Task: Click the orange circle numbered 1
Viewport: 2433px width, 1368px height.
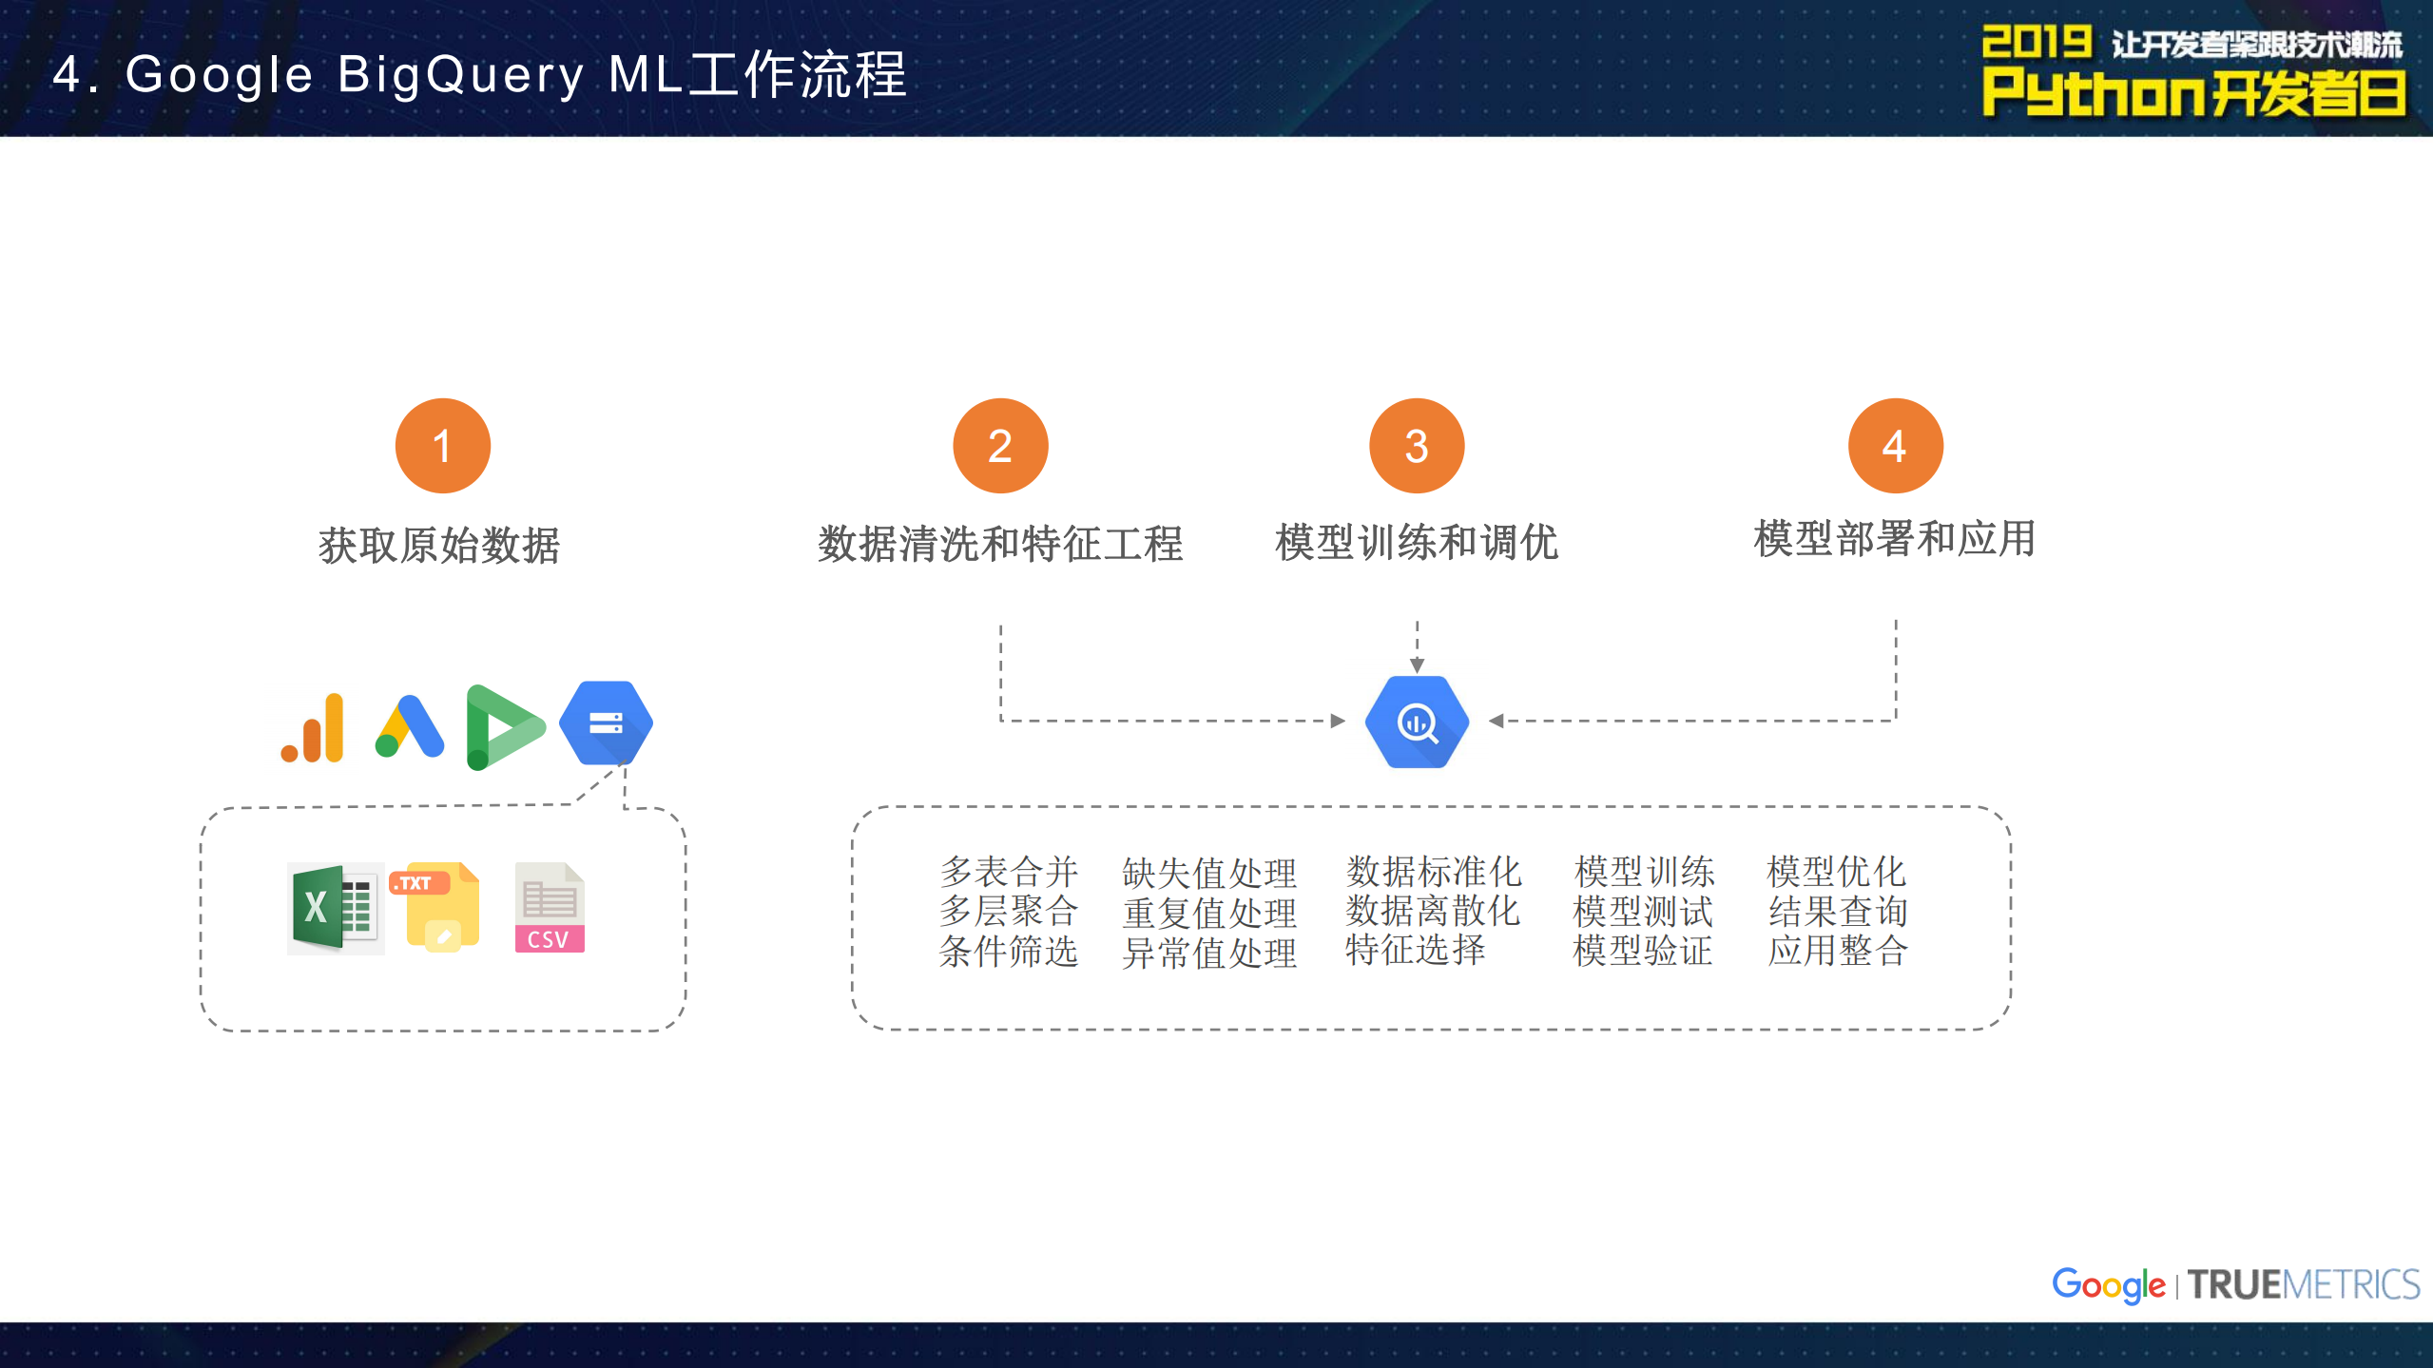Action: coord(442,445)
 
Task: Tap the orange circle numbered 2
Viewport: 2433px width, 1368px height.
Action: coord(999,445)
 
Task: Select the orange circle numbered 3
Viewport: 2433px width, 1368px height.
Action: coord(1416,445)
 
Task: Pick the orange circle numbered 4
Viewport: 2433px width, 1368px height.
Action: coord(1895,445)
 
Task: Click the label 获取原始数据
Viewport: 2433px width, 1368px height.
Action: coord(439,546)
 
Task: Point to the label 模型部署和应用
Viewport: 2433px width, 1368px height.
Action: coord(1894,539)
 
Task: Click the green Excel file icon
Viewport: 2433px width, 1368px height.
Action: coord(335,908)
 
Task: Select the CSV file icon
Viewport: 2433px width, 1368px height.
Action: coord(550,908)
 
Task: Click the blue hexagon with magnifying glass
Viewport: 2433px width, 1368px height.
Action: coord(1417,723)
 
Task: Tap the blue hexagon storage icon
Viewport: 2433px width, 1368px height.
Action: coord(606,723)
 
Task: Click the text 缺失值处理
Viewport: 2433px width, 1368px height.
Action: coord(1208,873)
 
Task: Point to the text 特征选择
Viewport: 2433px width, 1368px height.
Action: coord(1415,950)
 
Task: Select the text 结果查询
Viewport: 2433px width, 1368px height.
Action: coord(1837,911)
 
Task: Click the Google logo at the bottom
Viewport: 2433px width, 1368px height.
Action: coord(2107,1285)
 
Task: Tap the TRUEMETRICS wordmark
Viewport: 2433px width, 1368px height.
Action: coord(2303,1285)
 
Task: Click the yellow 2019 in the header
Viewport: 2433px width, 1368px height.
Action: coord(2036,43)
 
